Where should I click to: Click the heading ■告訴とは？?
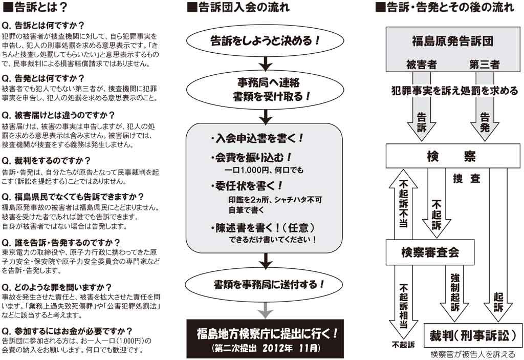[35, 8]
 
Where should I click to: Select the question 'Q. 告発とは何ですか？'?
[43, 78]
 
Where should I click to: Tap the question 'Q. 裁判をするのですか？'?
[46, 161]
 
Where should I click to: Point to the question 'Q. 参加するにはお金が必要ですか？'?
[67, 331]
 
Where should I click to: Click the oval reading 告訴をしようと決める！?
[265, 41]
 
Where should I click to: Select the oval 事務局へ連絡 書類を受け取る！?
[265, 90]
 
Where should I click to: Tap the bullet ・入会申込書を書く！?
[257, 138]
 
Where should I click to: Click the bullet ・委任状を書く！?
[247, 186]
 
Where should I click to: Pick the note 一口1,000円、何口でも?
[264, 170]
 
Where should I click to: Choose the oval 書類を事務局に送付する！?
[264, 284]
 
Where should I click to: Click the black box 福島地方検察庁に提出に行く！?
[265, 338]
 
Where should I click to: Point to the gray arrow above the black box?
[266, 310]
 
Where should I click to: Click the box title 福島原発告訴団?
[453, 41]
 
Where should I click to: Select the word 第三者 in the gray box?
[484, 64]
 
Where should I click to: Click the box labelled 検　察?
[453, 156]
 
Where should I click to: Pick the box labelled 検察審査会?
[430, 252]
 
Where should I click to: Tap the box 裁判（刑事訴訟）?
[473, 335]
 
